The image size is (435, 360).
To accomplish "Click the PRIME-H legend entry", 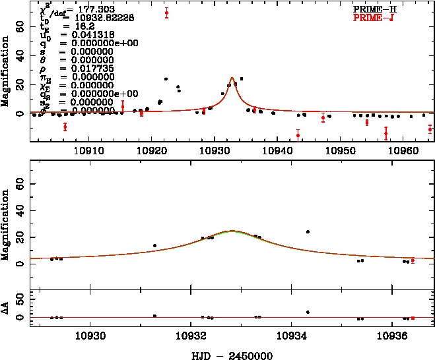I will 383,10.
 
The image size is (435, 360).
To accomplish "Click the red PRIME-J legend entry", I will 383,18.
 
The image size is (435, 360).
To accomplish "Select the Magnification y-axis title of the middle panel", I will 5,222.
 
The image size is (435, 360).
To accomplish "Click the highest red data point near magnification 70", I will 166,13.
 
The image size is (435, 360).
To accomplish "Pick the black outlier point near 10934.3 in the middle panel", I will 308,231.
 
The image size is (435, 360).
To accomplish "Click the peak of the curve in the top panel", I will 232,78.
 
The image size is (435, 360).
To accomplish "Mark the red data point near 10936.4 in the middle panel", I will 413,260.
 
